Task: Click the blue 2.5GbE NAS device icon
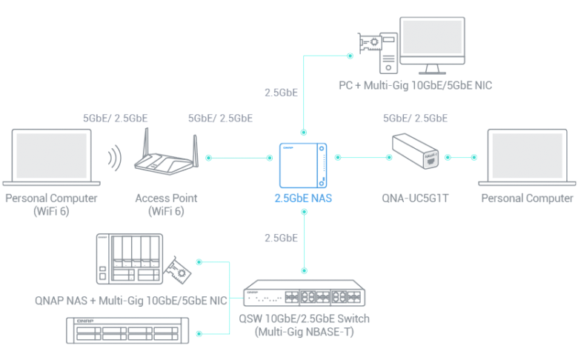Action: tap(303, 165)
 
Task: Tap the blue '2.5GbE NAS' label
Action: tap(303, 199)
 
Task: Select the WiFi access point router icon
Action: tap(167, 158)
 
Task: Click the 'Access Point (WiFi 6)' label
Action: tap(167, 204)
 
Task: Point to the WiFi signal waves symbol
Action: tap(113, 159)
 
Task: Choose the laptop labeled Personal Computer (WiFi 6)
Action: tap(50, 158)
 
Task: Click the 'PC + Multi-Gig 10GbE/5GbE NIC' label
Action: tap(415, 86)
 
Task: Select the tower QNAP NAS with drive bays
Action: tap(130, 259)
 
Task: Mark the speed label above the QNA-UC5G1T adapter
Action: tap(415, 118)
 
